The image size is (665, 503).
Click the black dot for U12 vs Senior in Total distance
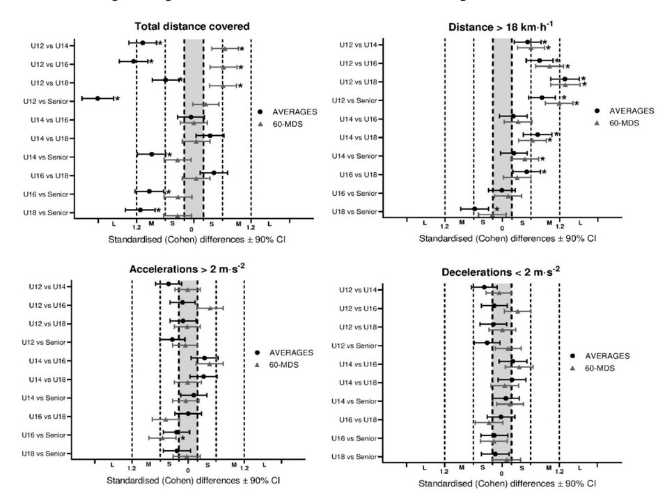point(97,99)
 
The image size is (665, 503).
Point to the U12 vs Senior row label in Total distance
point(46,100)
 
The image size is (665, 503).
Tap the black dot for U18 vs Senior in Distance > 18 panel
point(475,208)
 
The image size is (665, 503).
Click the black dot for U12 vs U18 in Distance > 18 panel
point(565,79)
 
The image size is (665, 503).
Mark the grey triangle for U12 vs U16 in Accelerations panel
point(210,308)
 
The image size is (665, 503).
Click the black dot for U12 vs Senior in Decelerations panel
point(487,342)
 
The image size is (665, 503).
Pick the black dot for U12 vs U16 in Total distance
point(133,62)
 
